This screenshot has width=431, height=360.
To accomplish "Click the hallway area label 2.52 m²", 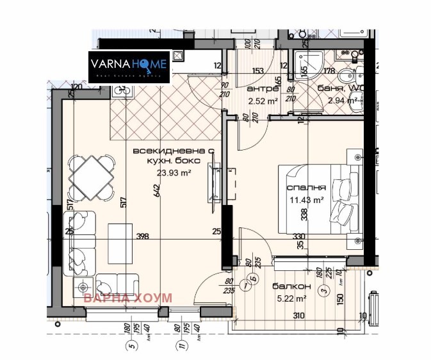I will [263, 101].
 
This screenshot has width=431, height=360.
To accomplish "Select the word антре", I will [261, 90].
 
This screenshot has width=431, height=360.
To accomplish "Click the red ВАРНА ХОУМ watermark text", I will [120, 297].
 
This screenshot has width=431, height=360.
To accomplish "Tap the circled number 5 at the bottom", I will [133, 347].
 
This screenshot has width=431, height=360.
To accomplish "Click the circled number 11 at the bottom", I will [183, 347].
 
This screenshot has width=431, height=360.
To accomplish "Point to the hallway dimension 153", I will [258, 71].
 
